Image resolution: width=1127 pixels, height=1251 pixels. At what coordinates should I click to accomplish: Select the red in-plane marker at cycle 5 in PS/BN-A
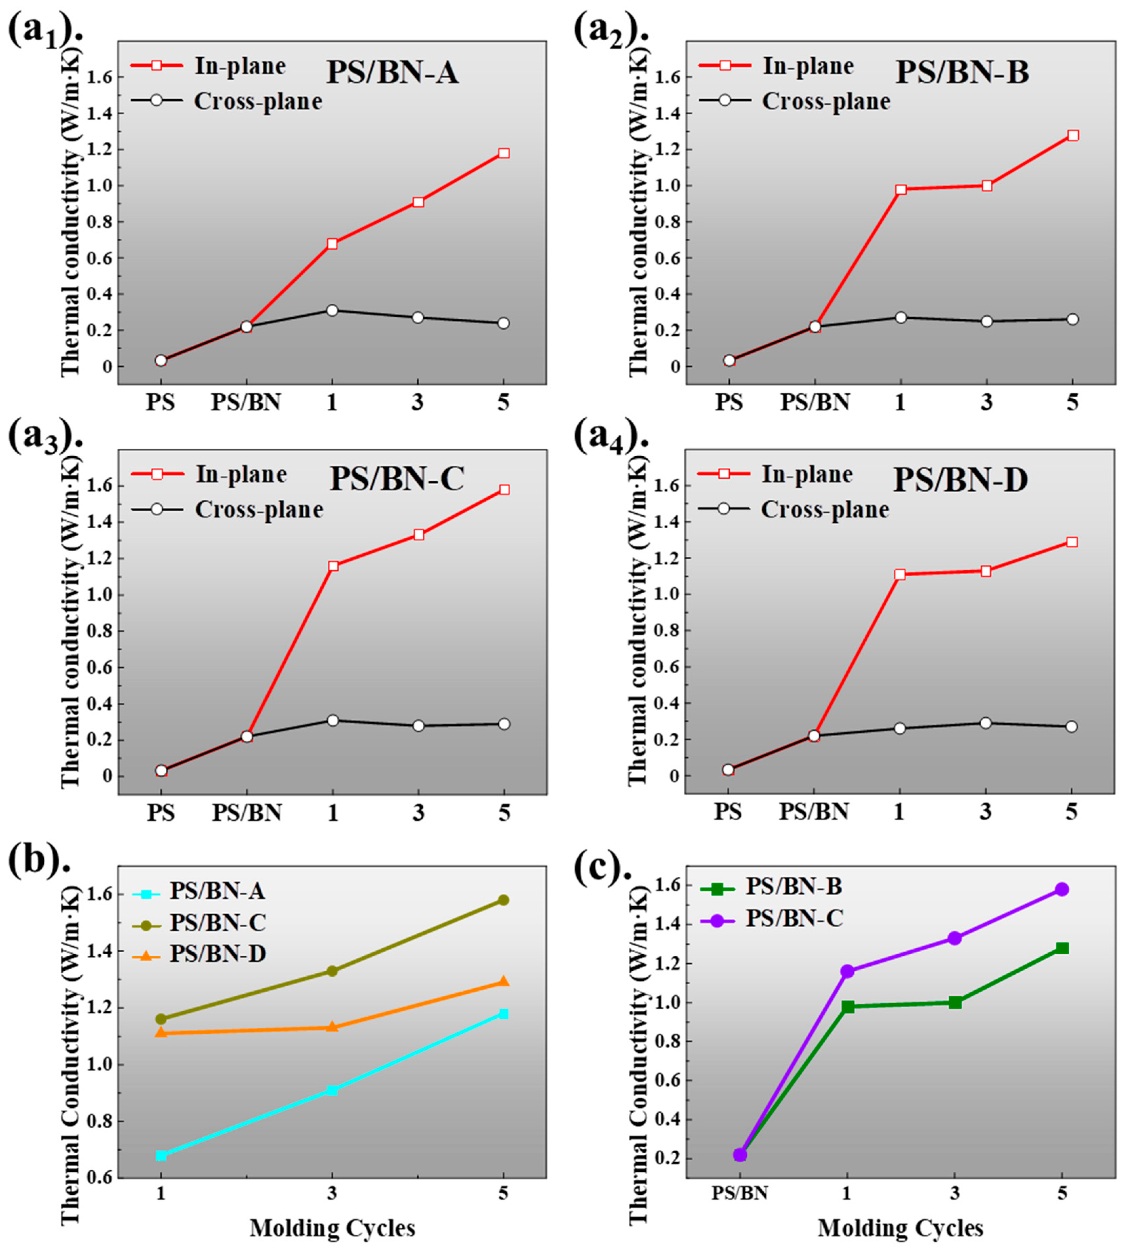click(503, 153)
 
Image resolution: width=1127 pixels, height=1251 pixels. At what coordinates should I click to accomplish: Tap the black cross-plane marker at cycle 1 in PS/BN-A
click(332, 310)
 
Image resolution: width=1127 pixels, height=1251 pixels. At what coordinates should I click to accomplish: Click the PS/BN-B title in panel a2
click(962, 73)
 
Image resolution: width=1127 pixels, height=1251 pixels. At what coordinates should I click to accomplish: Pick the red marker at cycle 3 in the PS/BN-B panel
click(986, 186)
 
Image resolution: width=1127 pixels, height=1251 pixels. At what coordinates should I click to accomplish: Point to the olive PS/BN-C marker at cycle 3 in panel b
click(332, 970)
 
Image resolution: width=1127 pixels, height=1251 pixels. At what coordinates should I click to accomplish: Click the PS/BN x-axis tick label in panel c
click(739, 1193)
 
